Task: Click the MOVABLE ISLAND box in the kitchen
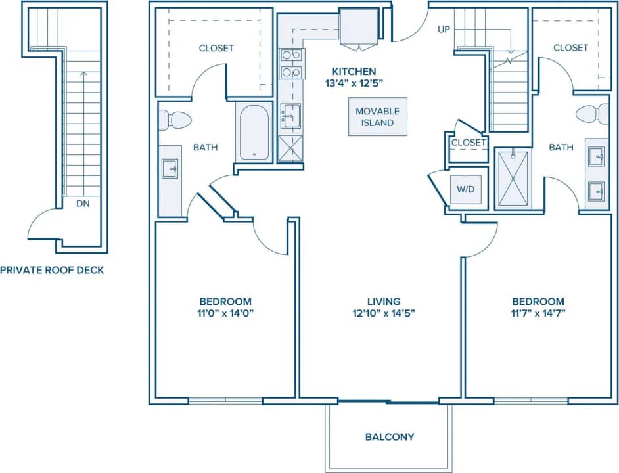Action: coord(377,117)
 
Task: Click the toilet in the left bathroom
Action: coord(175,120)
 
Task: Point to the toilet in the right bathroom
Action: coord(593,114)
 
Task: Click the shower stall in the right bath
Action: coord(513,179)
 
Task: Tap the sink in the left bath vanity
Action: coord(170,168)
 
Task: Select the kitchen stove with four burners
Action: coord(290,64)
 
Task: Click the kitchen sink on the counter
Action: coord(290,116)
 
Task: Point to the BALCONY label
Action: coord(390,437)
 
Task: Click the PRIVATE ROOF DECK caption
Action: coord(52,270)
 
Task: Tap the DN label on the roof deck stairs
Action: coord(82,204)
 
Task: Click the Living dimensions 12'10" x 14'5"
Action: coord(384,313)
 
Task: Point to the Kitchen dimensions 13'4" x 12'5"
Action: coord(354,83)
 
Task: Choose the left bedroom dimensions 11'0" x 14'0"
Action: coord(225,313)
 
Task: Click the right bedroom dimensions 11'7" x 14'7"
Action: coord(538,313)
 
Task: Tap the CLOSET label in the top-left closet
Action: coord(216,48)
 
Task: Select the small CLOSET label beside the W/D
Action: coord(469,143)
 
